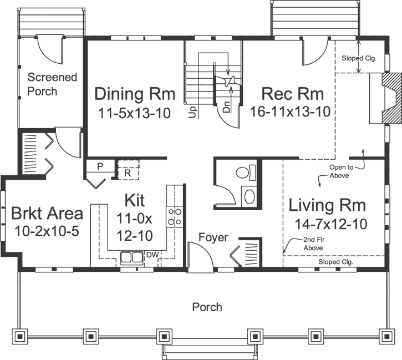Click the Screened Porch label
[53, 84]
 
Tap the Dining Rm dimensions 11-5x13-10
[135, 113]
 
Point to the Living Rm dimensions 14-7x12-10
[328, 224]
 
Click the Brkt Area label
[47, 214]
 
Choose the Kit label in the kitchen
[135, 199]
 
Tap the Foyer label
[213, 237]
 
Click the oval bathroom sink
[250, 196]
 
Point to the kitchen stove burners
[175, 216]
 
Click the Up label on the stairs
[193, 113]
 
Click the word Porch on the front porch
[207, 307]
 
